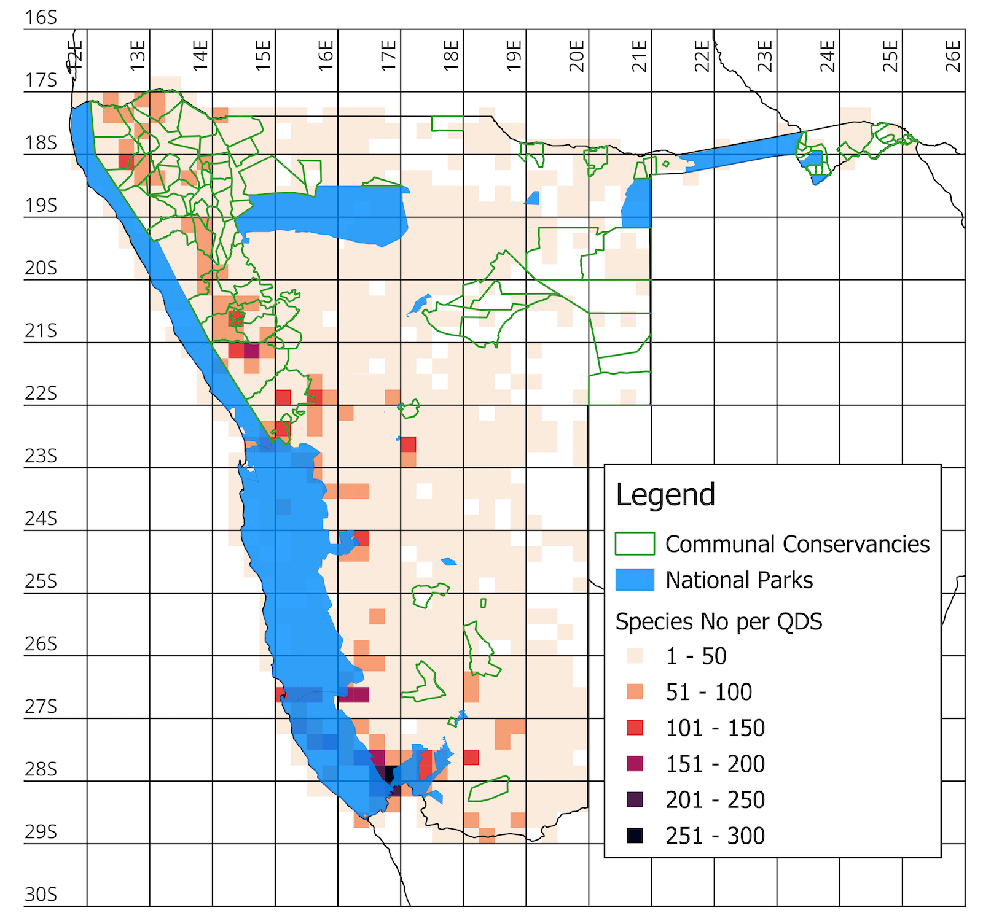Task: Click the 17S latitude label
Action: coord(41,80)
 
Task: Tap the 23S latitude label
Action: coord(41,456)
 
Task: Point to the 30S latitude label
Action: coord(41,895)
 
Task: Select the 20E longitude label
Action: coord(576,56)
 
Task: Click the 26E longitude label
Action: coord(952,56)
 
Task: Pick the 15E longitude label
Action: coord(263,56)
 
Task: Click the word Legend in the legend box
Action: coord(665,495)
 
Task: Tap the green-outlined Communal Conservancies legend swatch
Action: coord(635,544)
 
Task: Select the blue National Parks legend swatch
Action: coord(635,580)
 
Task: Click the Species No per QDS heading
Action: coord(719,622)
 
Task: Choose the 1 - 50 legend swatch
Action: coord(635,656)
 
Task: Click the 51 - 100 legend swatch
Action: coord(635,692)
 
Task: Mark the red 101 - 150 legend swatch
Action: coord(635,728)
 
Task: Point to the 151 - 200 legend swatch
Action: coord(635,764)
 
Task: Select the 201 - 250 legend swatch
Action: coord(635,799)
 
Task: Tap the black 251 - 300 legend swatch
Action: coord(635,836)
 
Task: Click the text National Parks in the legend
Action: coord(739,580)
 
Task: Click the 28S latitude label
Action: coord(41,769)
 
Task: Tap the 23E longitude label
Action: coord(764,56)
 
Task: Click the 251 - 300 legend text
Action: coord(715,836)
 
